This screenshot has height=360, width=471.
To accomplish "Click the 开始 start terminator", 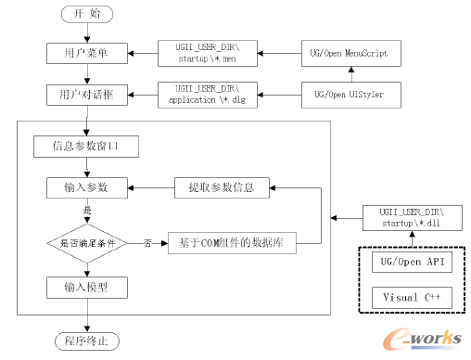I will pos(86,15).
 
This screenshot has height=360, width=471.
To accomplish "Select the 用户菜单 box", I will pos(86,53).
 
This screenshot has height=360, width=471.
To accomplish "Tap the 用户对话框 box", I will pos(86,95).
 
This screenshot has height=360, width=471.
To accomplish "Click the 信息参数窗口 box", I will pos(86,147).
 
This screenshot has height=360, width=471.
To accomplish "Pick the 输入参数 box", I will pos(86,187).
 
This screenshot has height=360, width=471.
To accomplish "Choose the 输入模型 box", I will pos(86,287).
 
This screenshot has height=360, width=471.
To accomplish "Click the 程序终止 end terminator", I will pos(86,341).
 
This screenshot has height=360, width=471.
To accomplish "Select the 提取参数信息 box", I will pos(222,187).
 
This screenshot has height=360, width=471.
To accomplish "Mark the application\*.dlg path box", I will pos(209,94).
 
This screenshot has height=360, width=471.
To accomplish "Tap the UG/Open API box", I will pos(412,264).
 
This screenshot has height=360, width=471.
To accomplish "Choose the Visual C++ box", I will pos(412,298).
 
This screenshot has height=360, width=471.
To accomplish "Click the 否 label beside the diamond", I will pos(147,243).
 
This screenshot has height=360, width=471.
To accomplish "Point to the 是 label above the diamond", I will pos(88,211).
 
